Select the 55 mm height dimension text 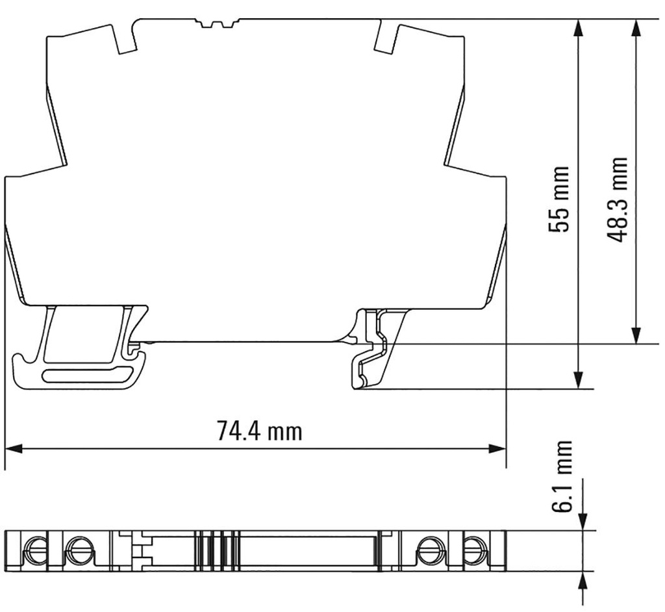click(x=558, y=199)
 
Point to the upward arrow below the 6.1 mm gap click(x=583, y=580)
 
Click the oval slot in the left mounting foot click(x=83, y=375)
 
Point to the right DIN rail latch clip click(x=373, y=351)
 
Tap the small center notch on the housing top click(x=218, y=25)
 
